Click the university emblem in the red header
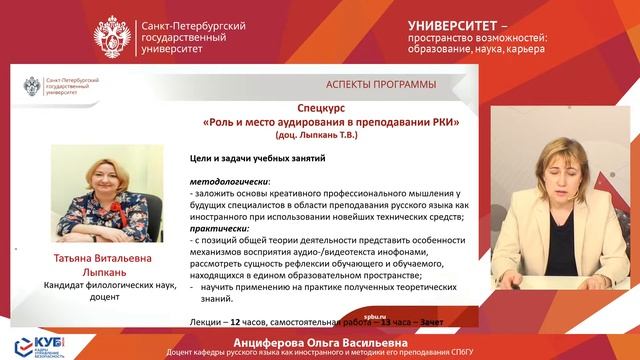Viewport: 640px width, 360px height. (111, 36)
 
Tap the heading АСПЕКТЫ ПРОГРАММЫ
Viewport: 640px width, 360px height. (380, 83)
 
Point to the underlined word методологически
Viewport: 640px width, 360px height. (224, 181)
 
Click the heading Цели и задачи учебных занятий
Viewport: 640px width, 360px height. (260, 157)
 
